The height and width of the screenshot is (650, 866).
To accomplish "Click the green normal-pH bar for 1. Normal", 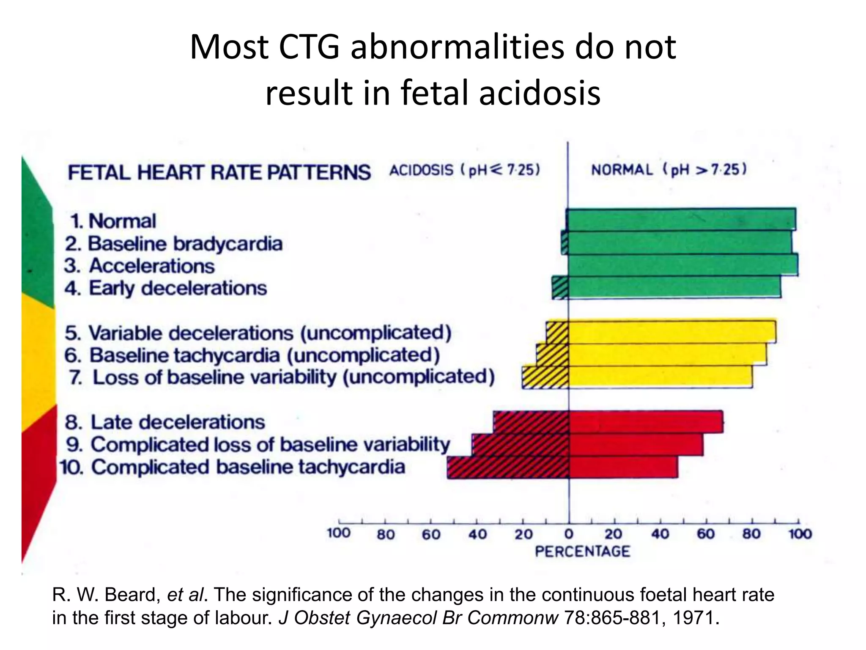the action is pyautogui.click(x=681, y=219).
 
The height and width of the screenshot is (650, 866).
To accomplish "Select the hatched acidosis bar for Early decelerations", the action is pyautogui.click(x=560, y=288).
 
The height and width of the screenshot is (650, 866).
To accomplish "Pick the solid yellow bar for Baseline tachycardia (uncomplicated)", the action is pyautogui.click(x=667, y=355).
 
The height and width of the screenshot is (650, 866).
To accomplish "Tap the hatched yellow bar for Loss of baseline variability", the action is pyautogui.click(x=545, y=377).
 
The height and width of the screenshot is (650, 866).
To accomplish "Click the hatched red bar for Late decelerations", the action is pyautogui.click(x=531, y=422).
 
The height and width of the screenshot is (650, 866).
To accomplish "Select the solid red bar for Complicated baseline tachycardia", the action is pyautogui.click(x=623, y=467).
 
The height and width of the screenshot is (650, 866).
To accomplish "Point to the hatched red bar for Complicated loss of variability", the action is pyautogui.click(x=521, y=444).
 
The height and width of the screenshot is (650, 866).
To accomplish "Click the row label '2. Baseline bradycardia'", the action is pyautogui.click(x=173, y=244).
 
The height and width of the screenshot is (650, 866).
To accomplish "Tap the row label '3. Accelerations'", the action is pyautogui.click(x=140, y=266).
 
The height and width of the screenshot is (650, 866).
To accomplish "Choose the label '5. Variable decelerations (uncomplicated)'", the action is pyautogui.click(x=258, y=333).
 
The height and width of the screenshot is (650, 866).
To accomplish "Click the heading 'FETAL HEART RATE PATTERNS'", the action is pyautogui.click(x=219, y=173).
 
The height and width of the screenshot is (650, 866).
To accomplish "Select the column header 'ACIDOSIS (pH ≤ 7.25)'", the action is pyautogui.click(x=464, y=170).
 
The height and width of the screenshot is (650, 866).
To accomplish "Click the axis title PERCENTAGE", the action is pyautogui.click(x=582, y=551).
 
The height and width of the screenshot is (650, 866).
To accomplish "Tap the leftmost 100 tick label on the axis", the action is pyautogui.click(x=339, y=533).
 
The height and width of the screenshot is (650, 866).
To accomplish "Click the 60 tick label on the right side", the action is pyautogui.click(x=706, y=534).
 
